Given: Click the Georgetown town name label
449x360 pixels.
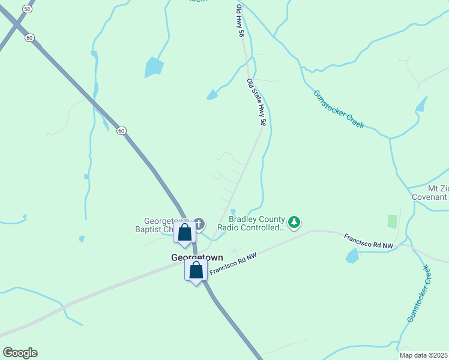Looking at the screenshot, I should coord(197,257).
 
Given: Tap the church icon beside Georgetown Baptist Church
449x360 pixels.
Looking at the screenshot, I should coord(199,224).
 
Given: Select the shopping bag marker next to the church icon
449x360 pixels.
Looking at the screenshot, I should coord(185,232).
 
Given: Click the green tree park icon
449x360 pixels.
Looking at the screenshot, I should coord(294,223).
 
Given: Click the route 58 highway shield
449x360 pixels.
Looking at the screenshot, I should coord(27,9).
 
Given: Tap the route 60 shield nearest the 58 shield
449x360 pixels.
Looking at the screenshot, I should coord(29,37).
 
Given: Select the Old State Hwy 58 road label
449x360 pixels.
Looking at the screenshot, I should coord(256,102).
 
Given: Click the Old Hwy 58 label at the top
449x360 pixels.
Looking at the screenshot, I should coord(241,22).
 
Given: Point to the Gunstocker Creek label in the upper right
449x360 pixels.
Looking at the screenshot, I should coord(339,109).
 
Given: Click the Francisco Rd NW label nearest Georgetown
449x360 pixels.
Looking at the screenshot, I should coord(234,265).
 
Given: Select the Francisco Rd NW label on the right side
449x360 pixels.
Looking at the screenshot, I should coord(368,242).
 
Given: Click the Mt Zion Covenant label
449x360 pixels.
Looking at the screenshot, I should coord(430,193).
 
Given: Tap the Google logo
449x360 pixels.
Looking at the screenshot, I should coord(20,353).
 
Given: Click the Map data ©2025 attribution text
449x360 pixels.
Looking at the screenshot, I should coord(423,355).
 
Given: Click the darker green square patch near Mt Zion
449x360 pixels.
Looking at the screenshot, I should coord(392,221).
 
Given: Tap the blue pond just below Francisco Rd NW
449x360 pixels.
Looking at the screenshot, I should coord(352,256).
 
